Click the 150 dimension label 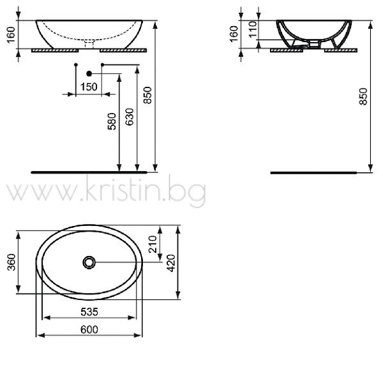(x=89, y=87)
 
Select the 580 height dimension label (x=112, y=121)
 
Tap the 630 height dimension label (x=130, y=117)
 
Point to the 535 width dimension (x=89, y=312)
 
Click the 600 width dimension (x=89, y=329)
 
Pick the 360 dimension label (x=11, y=262)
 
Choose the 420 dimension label (x=171, y=263)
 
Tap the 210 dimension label (x=153, y=244)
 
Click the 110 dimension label (x=253, y=29)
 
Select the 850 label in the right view (x=363, y=96)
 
